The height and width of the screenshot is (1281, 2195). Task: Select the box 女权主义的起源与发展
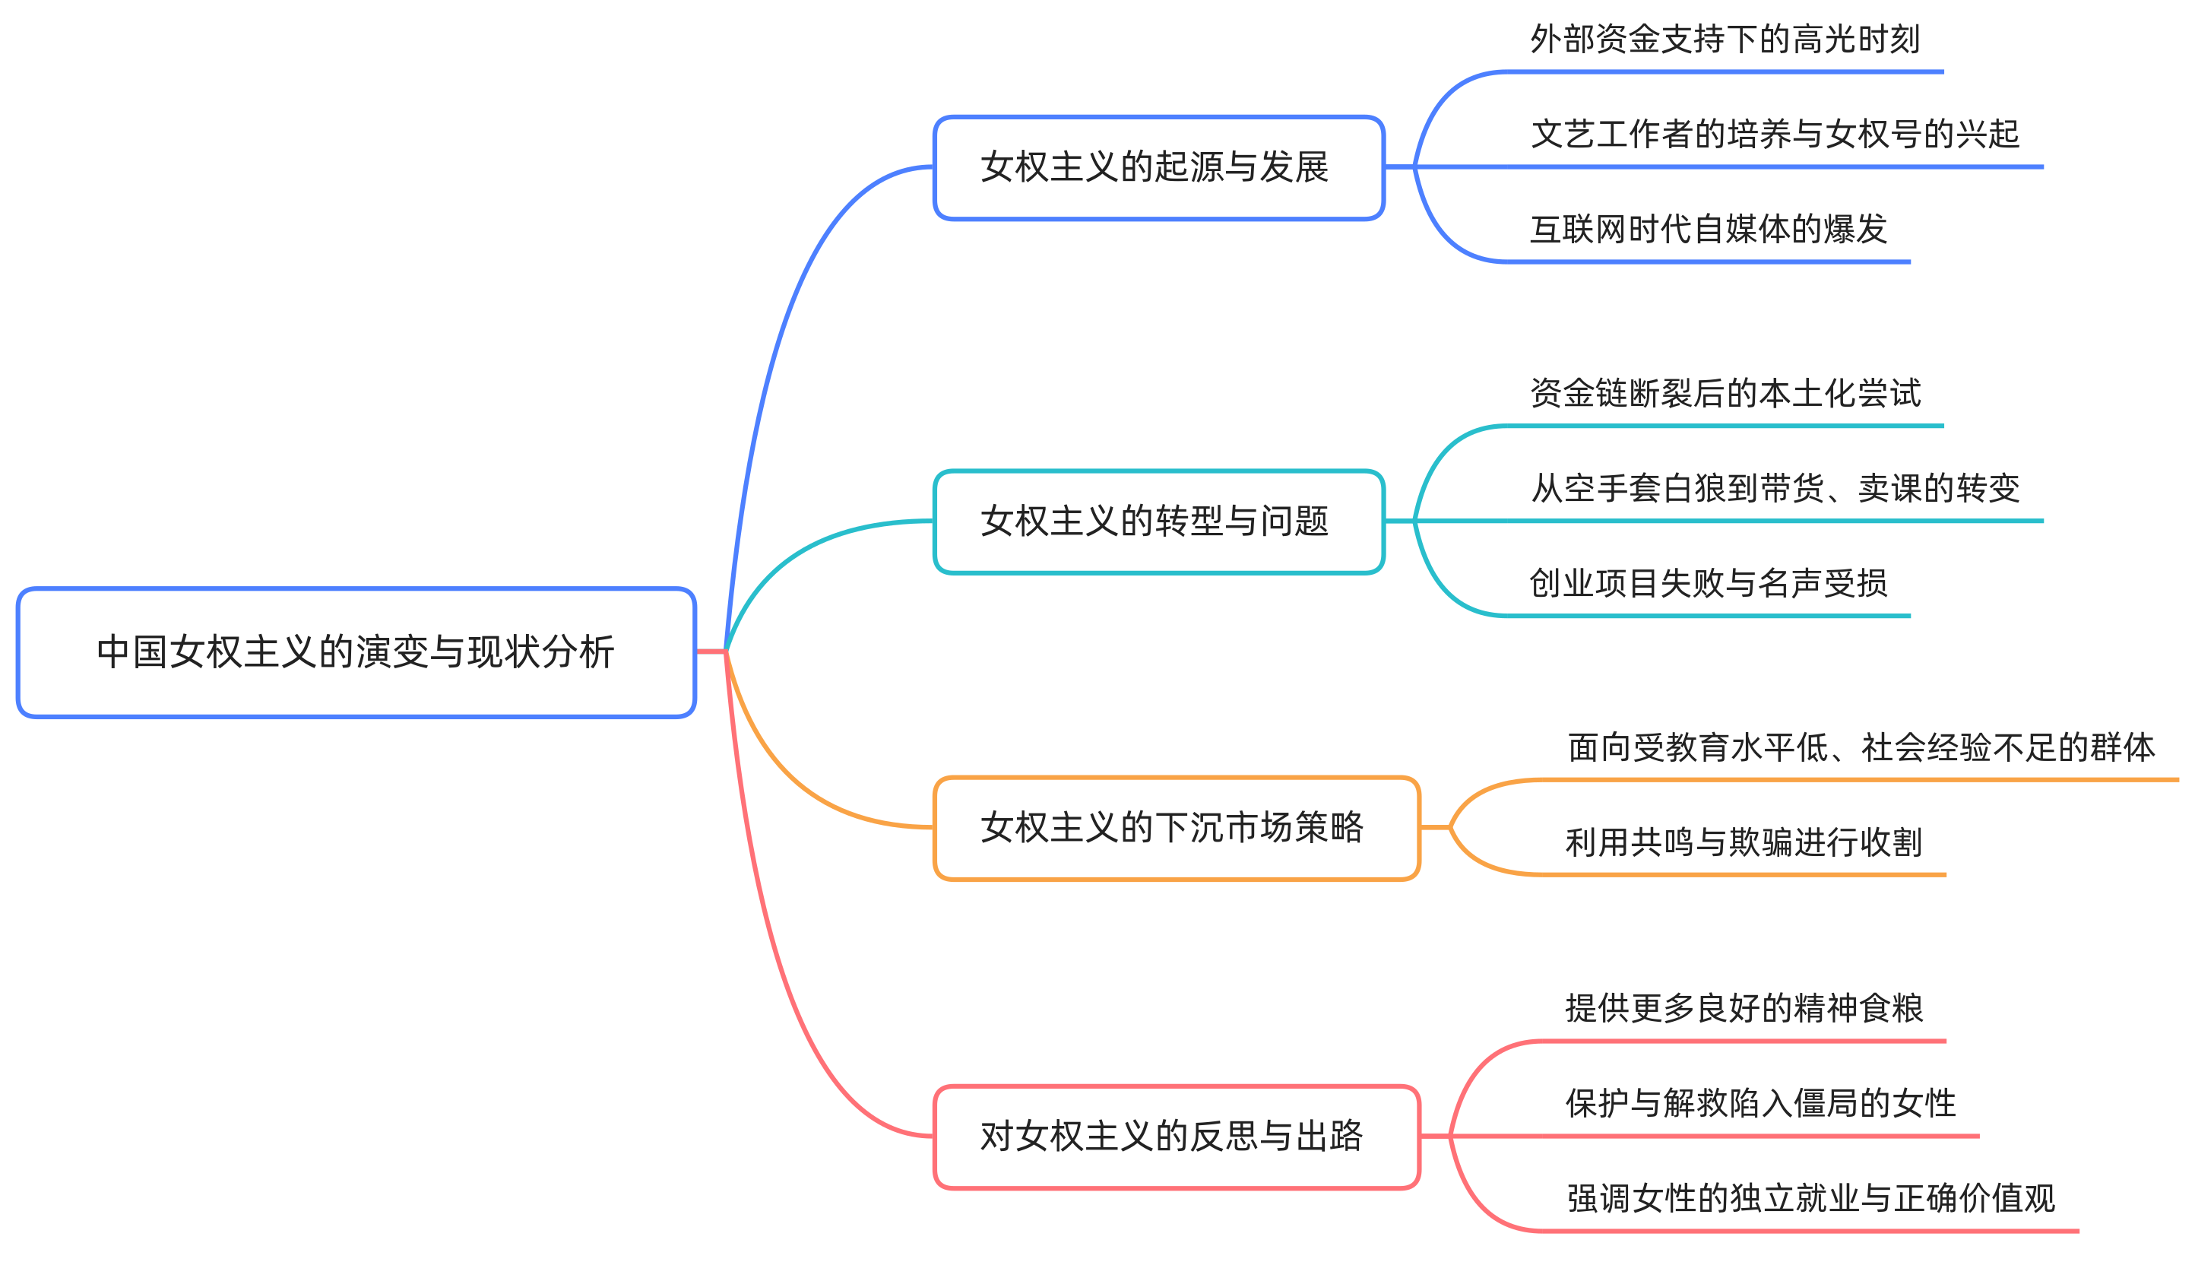(x=1158, y=167)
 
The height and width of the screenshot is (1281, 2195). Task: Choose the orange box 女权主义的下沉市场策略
(x=1176, y=828)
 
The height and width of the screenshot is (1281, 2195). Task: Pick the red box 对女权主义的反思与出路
(x=1176, y=1137)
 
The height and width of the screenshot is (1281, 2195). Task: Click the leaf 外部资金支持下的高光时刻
(x=1725, y=40)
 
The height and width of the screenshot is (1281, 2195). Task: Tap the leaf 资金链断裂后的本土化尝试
(x=1725, y=394)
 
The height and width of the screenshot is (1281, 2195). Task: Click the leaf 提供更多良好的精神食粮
(x=1744, y=1009)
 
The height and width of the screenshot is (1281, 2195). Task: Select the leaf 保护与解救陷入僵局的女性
(x=1760, y=1104)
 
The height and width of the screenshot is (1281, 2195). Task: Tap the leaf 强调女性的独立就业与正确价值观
(x=1811, y=1199)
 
